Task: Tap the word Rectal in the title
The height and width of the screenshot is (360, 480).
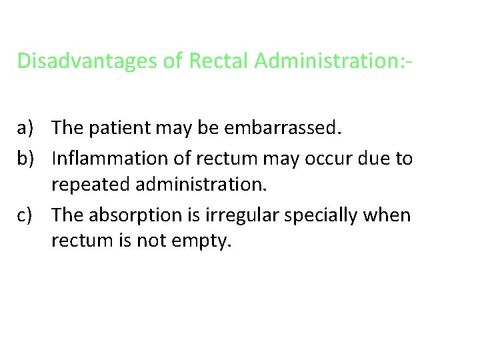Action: click(219, 61)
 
